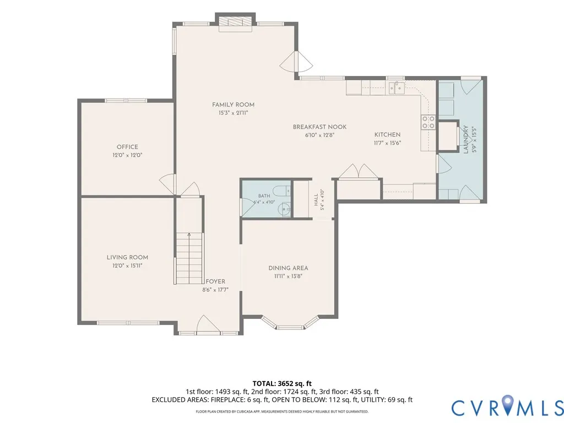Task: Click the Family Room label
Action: click(x=233, y=105)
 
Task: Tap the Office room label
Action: click(x=127, y=147)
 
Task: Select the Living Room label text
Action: click(x=127, y=257)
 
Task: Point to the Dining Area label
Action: click(x=288, y=268)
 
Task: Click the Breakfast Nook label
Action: click(x=320, y=127)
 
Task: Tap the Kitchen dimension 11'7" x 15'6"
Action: click(x=387, y=143)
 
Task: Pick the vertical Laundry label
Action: click(x=466, y=139)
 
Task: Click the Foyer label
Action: click(x=215, y=281)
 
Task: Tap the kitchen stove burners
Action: click(x=429, y=122)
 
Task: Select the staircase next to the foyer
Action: click(x=189, y=258)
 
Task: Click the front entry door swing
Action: click(x=208, y=323)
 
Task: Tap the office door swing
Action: click(x=167, y=184)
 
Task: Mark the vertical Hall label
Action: click(x=316, y=200)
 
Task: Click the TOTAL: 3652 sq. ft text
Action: click(x=282, y=383)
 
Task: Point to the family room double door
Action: click(x=296, y=62)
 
